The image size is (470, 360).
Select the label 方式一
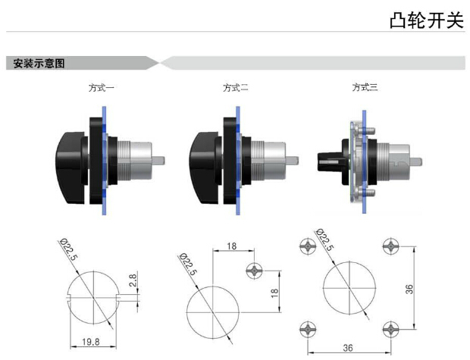point(101,88)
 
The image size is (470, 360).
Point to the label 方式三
point(365,88)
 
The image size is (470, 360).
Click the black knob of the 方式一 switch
point(73,157)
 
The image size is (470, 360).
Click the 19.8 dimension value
point(92,343)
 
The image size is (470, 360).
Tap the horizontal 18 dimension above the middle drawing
point(232,246)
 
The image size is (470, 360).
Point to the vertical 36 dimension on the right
point(409,288)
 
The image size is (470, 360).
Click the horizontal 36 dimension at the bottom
point(349,348)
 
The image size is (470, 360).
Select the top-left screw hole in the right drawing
point(308,246)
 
